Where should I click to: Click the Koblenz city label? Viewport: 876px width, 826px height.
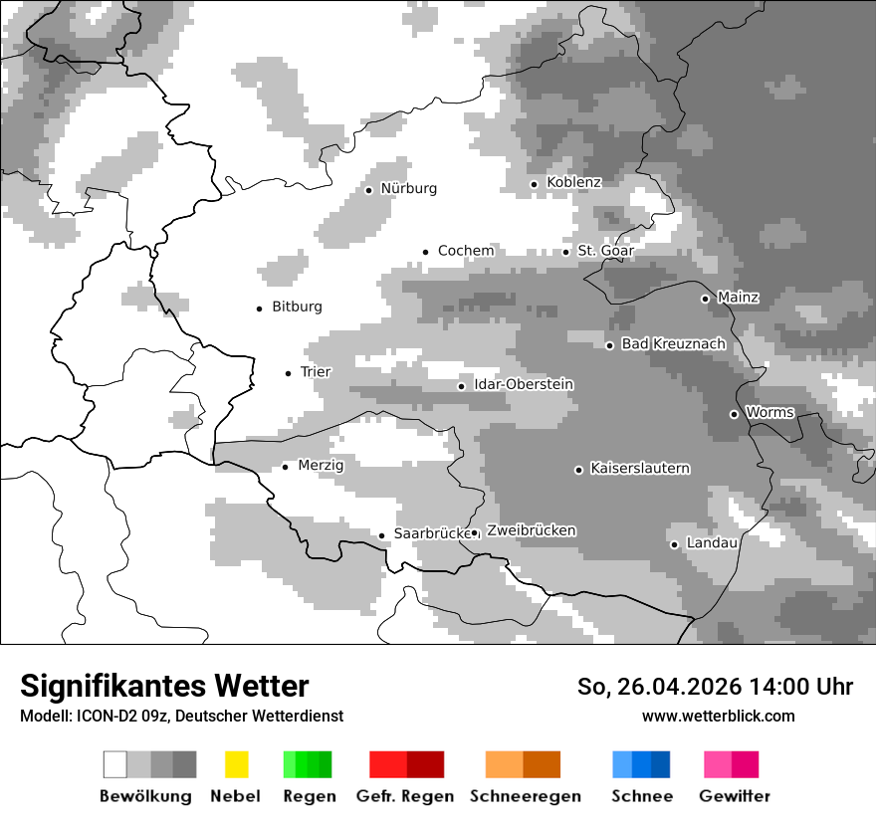click(x=574, y=182)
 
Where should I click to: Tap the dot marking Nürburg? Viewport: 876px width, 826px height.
click(x=368, y=190)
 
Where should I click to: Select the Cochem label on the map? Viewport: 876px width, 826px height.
click(x=466, y=251)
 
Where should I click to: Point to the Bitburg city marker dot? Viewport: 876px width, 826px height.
click(x=260, y=309)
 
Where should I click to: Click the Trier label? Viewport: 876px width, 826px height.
click(x=316, y=372)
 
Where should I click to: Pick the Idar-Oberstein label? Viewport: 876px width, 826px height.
click(x=524, y=385)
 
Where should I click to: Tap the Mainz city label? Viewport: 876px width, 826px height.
click(x=738, y=298)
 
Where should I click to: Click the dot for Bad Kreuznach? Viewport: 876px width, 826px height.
click(x=610, y=345)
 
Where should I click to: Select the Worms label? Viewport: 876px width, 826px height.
click(x=769, y=412)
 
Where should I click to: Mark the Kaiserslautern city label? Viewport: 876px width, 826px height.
click(x=640, y=469)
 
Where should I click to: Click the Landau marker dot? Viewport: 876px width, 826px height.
click(x=674, y=544)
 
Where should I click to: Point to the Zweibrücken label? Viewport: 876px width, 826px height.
click(x=531, y=530)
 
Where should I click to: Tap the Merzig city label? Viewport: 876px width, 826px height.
click(x=321, y=465)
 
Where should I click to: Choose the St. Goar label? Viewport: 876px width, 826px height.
click(x=605, y=251)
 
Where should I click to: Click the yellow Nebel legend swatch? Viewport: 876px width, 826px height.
click(x=236, y=764)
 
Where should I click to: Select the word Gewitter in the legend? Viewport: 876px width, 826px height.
click(x=735, y=796)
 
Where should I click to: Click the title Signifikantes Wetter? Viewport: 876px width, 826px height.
click(x=164, y=686)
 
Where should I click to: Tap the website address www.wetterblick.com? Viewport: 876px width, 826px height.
click(x=718, y=716)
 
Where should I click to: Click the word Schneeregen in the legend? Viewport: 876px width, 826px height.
click(x=525, y=796)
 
